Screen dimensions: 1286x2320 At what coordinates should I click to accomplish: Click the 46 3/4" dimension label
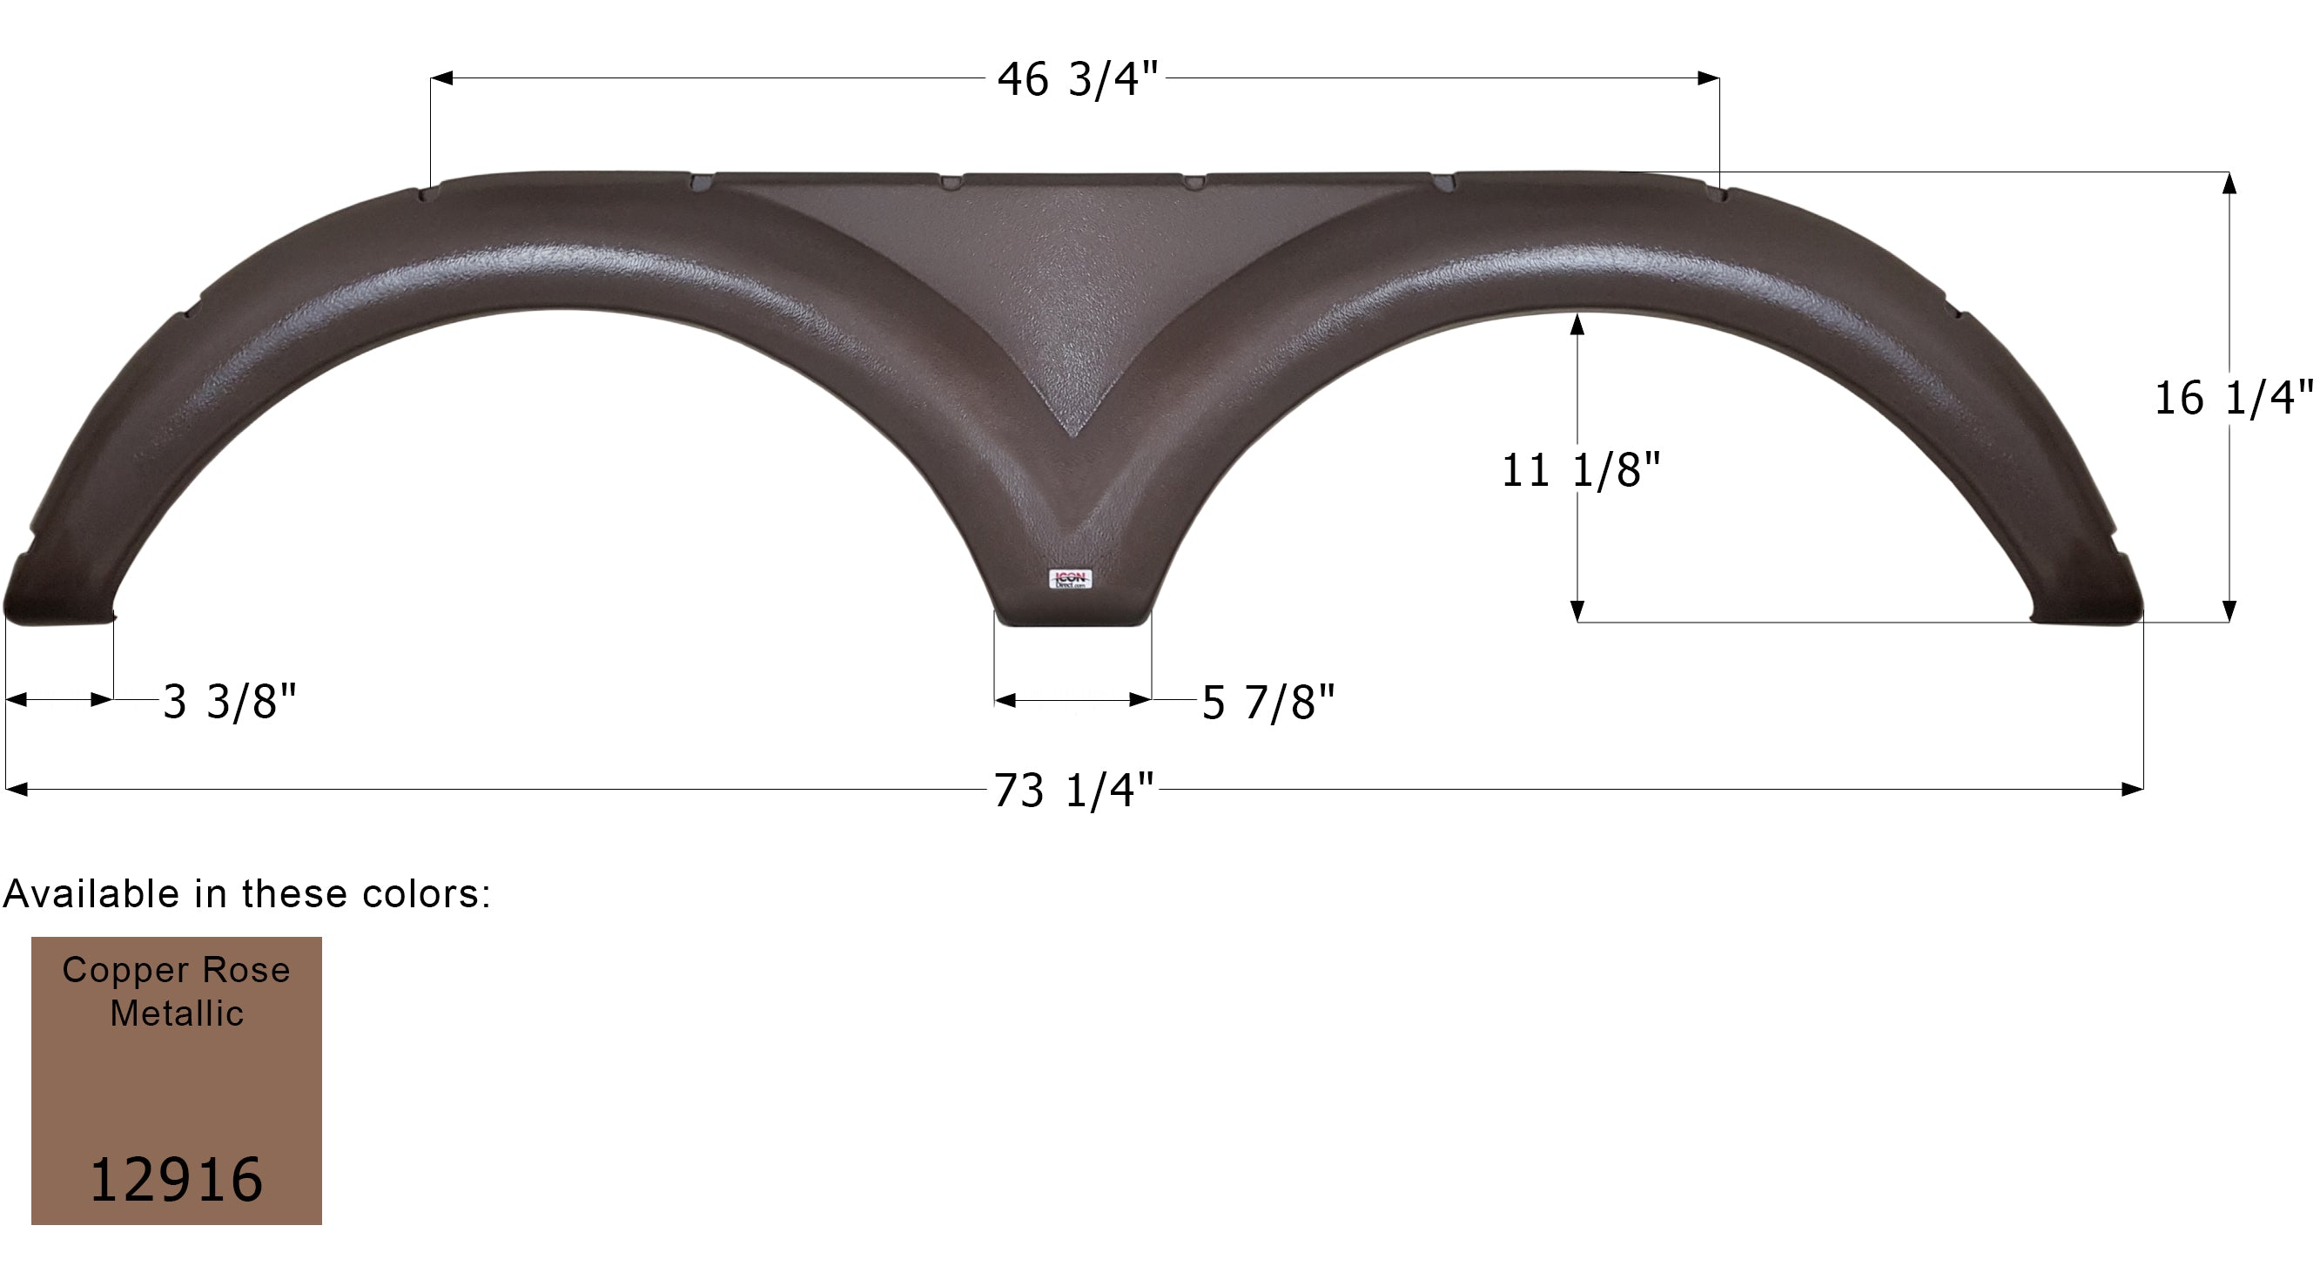pyautogui.click(x=1077, y=79)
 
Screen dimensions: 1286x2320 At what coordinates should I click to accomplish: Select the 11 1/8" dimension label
pyautogui.click(x=1581, y=470)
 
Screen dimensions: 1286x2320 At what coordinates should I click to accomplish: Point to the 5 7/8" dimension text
pyautogui.click(x=1268, y=703)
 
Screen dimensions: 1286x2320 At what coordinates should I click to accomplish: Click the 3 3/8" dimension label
pyautogui.click(x=230, y=702)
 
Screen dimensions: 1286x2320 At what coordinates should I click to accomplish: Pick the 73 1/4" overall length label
pyautogui.click(x=1073, y=791)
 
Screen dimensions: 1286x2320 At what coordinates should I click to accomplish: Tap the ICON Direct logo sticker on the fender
pyautogui.click(x=1071, y=579)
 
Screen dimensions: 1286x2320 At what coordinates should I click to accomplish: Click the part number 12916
pyautogui.click(x=177, y=1180)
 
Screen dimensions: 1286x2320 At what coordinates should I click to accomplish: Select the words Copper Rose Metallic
pyautogui.click(x=177, y=991)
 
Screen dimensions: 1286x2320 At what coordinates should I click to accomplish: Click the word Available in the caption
pyautogui.click(x=92, y=894)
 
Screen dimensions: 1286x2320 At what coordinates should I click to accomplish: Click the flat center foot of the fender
pyautogui.click(x=1073, y=617)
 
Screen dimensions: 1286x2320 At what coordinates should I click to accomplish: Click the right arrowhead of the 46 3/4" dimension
pyautogui.click(x=1709, y=78)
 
